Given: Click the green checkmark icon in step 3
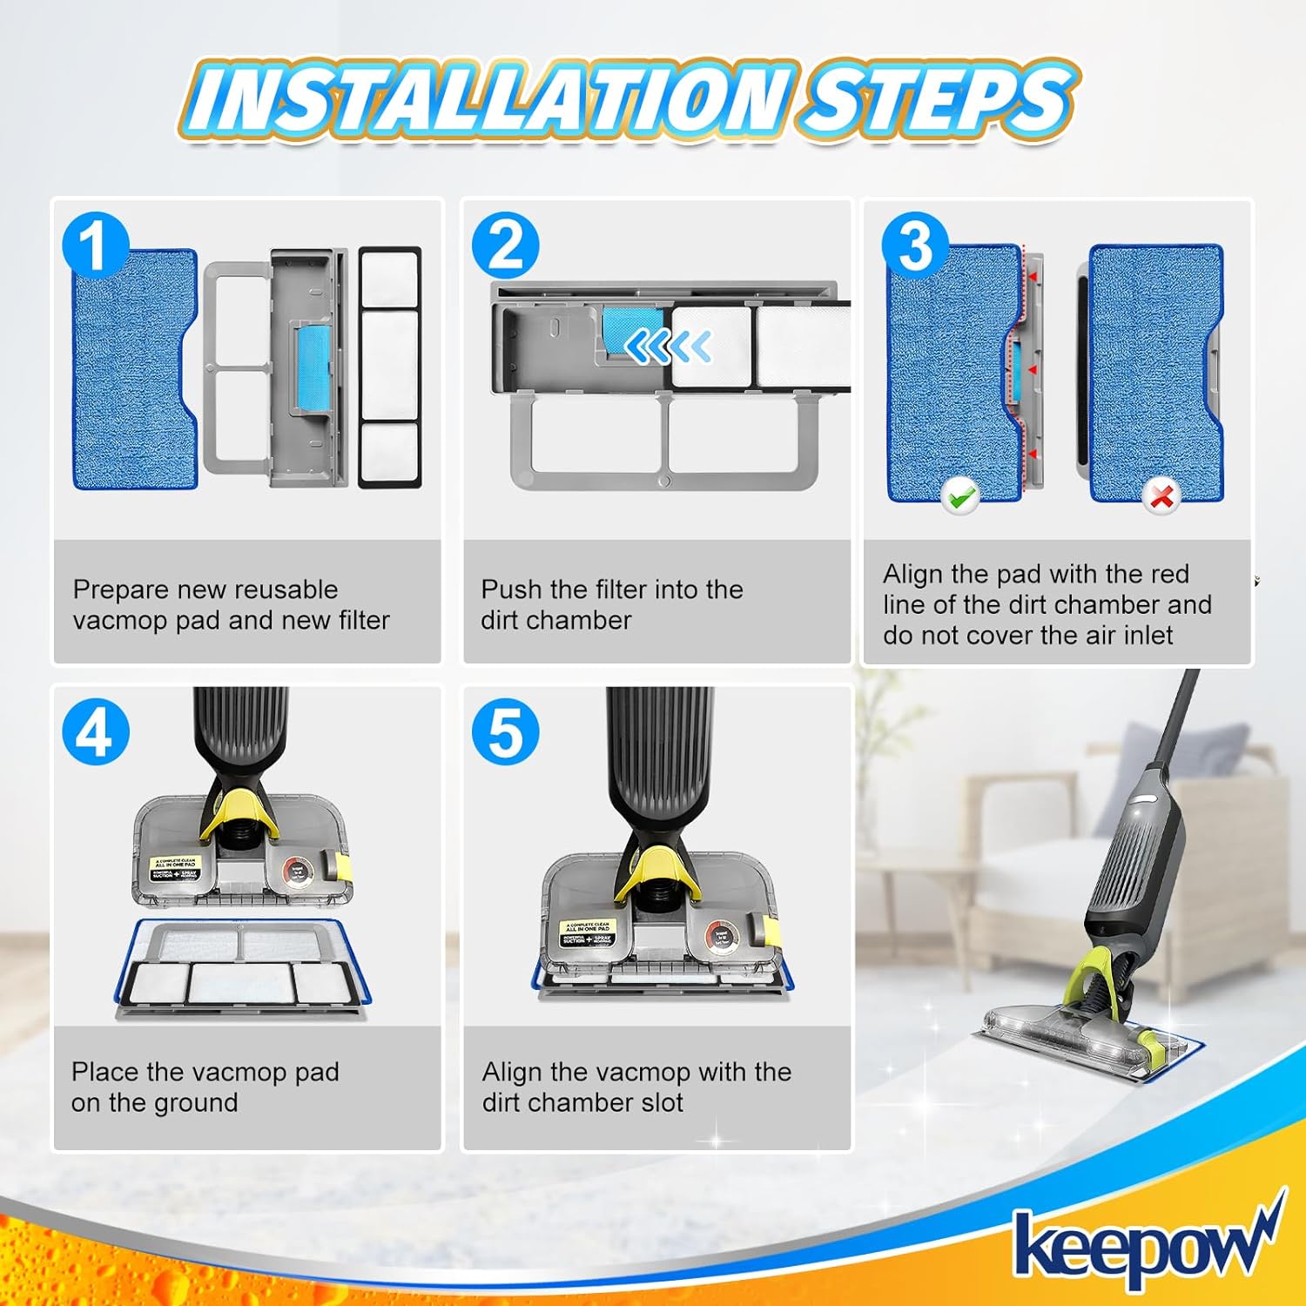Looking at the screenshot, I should tap(960, 496).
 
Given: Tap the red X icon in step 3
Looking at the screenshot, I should tap(1161, 496).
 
